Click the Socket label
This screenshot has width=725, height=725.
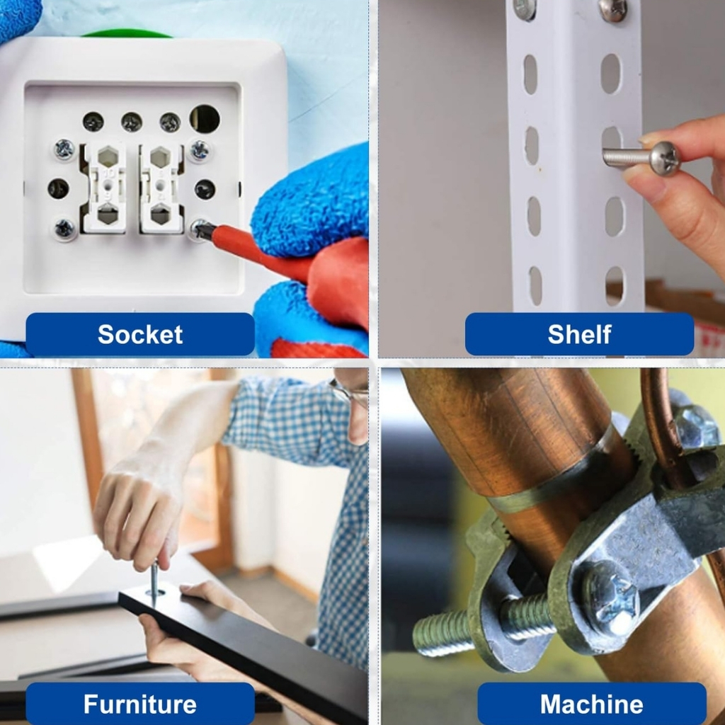pyautogui.click(x=140, y=334)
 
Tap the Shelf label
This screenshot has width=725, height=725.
pyautogui.click(x=579, y=334)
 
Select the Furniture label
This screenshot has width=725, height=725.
pyautogui.click(x=140, y=704)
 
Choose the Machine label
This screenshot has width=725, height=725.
pyautogui.click(x=592, y=704)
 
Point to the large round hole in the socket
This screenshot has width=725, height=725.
pyautogui.click(x=205, y=118)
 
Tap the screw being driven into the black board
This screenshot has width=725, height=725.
pyautogui.click(x=154, y=583)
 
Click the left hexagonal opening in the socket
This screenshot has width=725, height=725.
pyautogui.click(x=108, y=157)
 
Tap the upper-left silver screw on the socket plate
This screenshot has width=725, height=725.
pyautogui.click(x=64, y=149)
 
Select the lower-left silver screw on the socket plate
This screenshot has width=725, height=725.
pyautogui.click(x=64, y=229)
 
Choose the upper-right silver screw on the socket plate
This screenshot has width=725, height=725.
pyautogui.click(x=200, y=150)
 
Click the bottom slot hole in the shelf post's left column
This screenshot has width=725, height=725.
pyautogui.click(x=535, y=285)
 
